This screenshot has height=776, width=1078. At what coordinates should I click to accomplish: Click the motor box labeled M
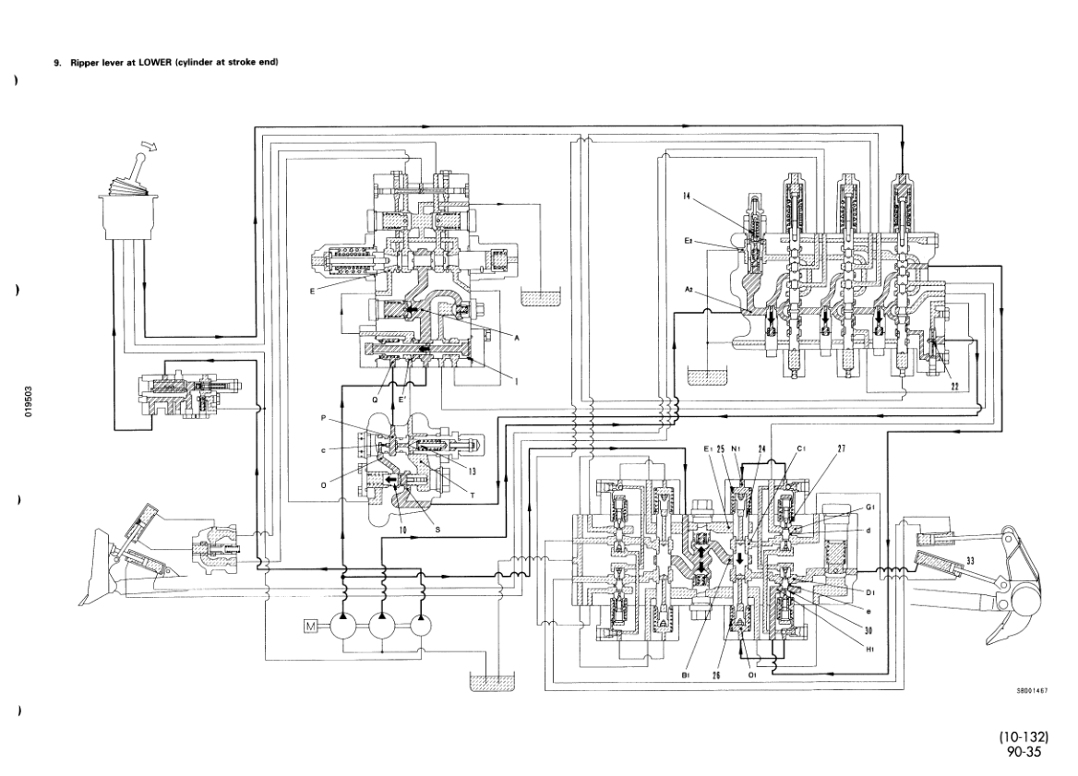click(309, 628)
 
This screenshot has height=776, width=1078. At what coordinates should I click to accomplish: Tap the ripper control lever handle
click(135, 171)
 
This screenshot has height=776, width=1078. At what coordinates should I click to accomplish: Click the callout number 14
click(688, 196)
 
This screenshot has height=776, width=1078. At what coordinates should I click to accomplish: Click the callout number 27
click(842, 449)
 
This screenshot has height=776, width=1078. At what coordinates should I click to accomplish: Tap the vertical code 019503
click(31, 401)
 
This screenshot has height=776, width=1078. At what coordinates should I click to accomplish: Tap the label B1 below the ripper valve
click(686, 676)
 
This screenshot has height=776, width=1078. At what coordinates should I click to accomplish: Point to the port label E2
click(688, 240)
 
